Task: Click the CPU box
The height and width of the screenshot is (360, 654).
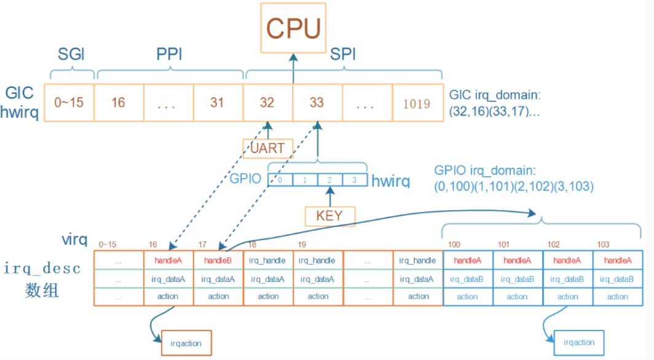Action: click(x=293, y=28)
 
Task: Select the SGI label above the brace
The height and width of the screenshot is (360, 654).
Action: click(x=71, y=54)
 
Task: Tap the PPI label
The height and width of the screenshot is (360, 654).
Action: click(x=170, y=54)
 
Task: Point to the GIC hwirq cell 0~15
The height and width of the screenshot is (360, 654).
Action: click(x=69, y=103)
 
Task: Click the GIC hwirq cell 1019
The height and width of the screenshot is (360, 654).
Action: click(x=417, y=103)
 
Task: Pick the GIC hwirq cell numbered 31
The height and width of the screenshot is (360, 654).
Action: click(x=218, y=103)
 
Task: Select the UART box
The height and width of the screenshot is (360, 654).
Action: click(x=268, y=148)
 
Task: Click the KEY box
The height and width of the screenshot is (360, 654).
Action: click(x=330, y=216)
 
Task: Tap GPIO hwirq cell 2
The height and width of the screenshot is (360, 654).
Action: click(x=330, y=180)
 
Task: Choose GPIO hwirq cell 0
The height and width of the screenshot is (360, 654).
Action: click(x=280, y=180)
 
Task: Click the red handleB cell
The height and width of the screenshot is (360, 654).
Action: click(x=218, y=260)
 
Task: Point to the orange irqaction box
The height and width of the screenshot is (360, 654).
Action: click(x=186, y=343)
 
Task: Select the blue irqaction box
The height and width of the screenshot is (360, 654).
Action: click(x=579, y=343)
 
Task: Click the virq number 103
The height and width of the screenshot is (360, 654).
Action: click(x=603, y=245)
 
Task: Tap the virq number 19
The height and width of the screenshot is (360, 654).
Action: click(x=302, y=245)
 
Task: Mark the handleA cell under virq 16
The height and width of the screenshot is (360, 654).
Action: click(x=168, y=260)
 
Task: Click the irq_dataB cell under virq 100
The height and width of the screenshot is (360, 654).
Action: click(x=468, y=279)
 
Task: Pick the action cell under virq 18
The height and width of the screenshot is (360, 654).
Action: click(x=268, y=297)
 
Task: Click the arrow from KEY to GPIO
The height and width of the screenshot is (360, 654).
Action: click(x=330, y=197)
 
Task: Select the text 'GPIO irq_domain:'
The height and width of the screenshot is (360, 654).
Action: click(x=485, y=170)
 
